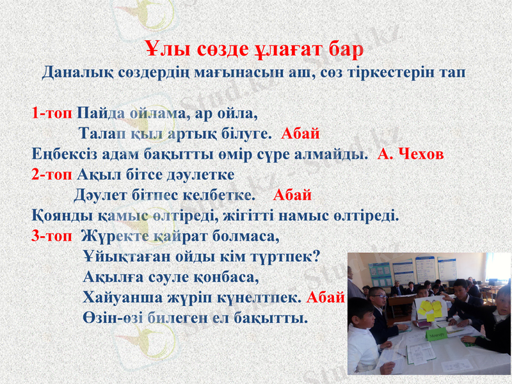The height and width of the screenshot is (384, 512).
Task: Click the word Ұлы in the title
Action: [x=164, y=49]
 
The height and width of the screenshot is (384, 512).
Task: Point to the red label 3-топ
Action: [x=52, y=235]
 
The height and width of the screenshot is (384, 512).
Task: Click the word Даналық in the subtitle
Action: [x=78, y=73]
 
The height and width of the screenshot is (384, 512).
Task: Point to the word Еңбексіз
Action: [x=64, y=154]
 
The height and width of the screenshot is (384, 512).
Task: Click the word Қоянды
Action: [x=60, y=214]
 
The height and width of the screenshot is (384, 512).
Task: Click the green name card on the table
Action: [x=436, y=333]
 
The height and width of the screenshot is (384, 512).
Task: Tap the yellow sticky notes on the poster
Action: [x=430, y=307]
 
